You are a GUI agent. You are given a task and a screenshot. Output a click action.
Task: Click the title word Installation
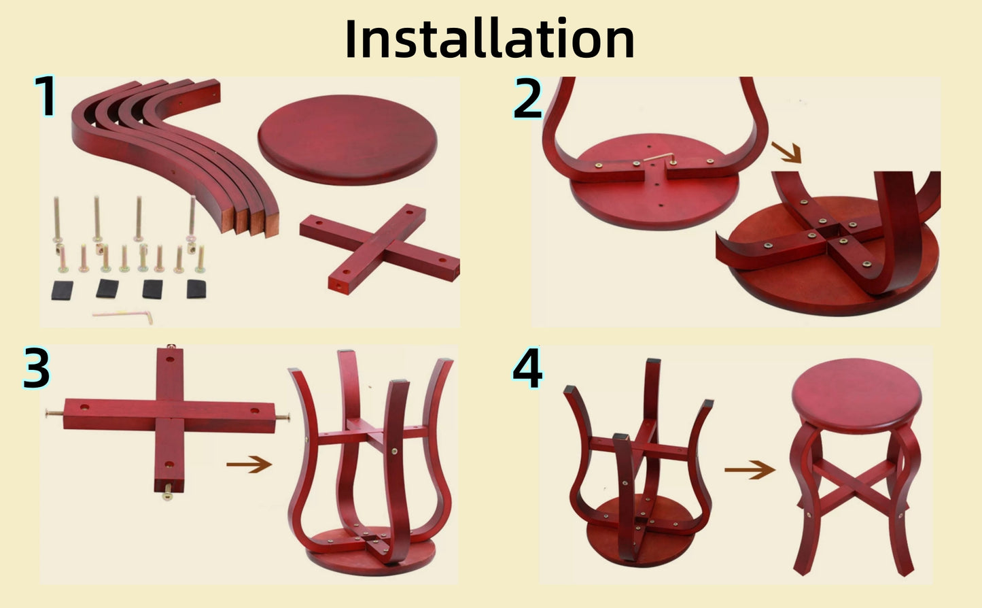(489, 39)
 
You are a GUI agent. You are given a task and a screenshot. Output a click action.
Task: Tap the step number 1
(46, 97)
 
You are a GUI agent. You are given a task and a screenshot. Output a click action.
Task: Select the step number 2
(527, 99)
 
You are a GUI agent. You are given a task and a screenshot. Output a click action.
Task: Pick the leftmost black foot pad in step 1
(63, 290)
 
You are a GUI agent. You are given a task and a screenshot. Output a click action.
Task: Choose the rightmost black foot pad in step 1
(196, 289)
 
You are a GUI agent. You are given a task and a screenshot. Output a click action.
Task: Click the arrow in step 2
(786, 152)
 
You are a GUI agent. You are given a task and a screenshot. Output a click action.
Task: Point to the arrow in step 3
(249, 465)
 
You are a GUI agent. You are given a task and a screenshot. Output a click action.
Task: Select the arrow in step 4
(749, 469)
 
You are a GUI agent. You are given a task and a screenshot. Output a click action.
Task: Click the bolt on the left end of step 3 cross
(52, 413)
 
